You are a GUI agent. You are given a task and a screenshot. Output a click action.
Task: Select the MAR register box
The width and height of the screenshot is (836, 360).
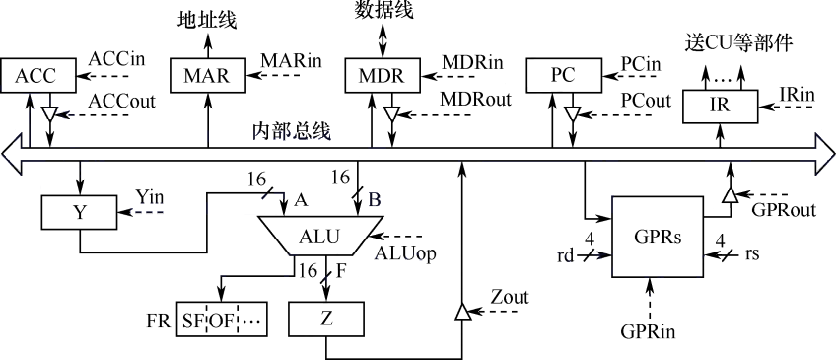(207, 76)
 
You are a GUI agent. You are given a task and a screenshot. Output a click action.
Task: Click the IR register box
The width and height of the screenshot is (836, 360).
(721, 106)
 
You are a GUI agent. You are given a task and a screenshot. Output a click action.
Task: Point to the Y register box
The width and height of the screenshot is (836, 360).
(80, 213)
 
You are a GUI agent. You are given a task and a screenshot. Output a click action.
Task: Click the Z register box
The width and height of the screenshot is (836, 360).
(327, 319)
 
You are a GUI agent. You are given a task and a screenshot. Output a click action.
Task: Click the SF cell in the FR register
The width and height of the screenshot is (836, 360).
(191, 320)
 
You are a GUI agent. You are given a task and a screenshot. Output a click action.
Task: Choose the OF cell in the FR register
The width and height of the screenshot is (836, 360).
(221, 320)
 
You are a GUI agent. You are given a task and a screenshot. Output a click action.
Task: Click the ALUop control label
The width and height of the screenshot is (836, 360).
(404, 253)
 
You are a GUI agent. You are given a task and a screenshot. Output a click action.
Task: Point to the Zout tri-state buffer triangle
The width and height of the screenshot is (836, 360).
(461, 313)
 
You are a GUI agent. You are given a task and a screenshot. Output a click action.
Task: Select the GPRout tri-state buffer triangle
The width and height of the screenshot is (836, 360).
(729, 195)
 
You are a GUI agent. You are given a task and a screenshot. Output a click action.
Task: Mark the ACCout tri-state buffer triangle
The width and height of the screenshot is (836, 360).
(49, 112)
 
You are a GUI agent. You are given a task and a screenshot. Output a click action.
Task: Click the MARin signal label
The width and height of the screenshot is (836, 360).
(292, 60)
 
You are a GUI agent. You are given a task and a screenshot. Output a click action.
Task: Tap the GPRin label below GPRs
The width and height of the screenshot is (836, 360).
(649, 331)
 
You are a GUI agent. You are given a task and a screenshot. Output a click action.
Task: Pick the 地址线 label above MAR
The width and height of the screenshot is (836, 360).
(207, 21)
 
